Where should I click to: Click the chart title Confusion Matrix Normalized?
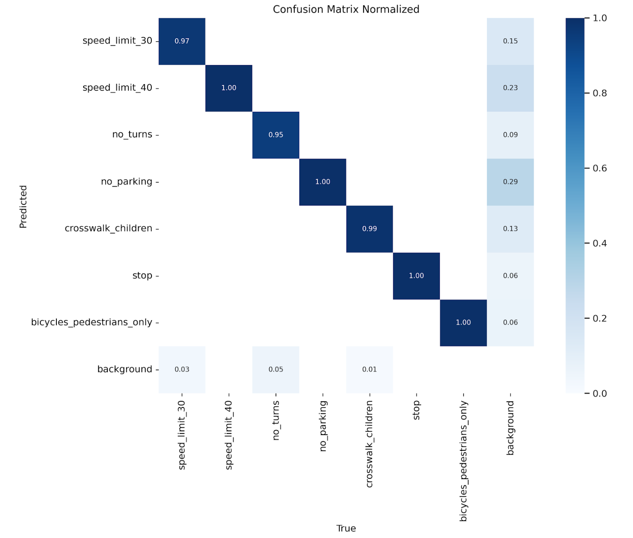pos(346,9)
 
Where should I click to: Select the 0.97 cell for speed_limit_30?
pos(182,41)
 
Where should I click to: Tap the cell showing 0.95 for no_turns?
pos(276,135)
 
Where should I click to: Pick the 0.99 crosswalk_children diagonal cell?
pos(369,229)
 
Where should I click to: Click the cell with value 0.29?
pos(510,182)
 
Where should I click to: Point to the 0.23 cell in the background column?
pos(510,88)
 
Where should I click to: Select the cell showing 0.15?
pos(510,41)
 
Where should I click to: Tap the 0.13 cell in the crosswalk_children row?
pos(510,229)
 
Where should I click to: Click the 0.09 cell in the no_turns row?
pos(510,135)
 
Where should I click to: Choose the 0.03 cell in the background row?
pos(182,370)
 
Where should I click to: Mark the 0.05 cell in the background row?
pos(276,370)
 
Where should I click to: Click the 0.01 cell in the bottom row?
pos(369,370)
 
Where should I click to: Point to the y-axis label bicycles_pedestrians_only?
pos(91,323)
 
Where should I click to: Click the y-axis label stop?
pos(142,276)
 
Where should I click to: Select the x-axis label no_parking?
pos(323,426)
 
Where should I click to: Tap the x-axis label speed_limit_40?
pos(229,435)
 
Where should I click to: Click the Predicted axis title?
pos(23,206)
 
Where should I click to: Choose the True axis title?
pos(346,529)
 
